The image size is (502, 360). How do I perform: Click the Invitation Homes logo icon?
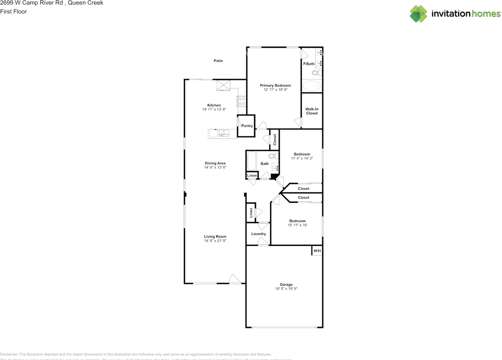point(418,14)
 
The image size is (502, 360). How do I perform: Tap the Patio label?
point(218,61)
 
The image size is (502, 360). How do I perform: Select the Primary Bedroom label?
point(275,85)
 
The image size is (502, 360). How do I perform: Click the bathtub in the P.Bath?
point(312,86)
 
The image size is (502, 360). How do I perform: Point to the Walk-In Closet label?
point(312,111)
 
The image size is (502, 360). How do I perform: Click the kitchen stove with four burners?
point(242,102)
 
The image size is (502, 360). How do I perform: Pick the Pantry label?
point(247,126)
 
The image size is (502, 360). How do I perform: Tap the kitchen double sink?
point(224,134)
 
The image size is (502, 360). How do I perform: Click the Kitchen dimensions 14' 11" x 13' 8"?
point(214,110)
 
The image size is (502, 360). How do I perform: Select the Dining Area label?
point(215,163)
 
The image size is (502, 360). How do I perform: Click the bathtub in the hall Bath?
point(251,161)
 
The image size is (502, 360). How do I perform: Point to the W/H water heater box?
point(317,251)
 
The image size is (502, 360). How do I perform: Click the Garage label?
point(286,285)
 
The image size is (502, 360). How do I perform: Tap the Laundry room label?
point(259,234)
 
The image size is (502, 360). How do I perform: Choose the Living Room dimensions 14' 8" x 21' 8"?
point(215,241)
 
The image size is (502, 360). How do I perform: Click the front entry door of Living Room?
point(235,279)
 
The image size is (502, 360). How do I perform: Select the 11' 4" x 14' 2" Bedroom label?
point(302,154)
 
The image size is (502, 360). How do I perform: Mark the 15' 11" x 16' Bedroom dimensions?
point(297,225)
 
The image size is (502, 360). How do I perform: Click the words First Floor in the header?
point(13,11)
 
